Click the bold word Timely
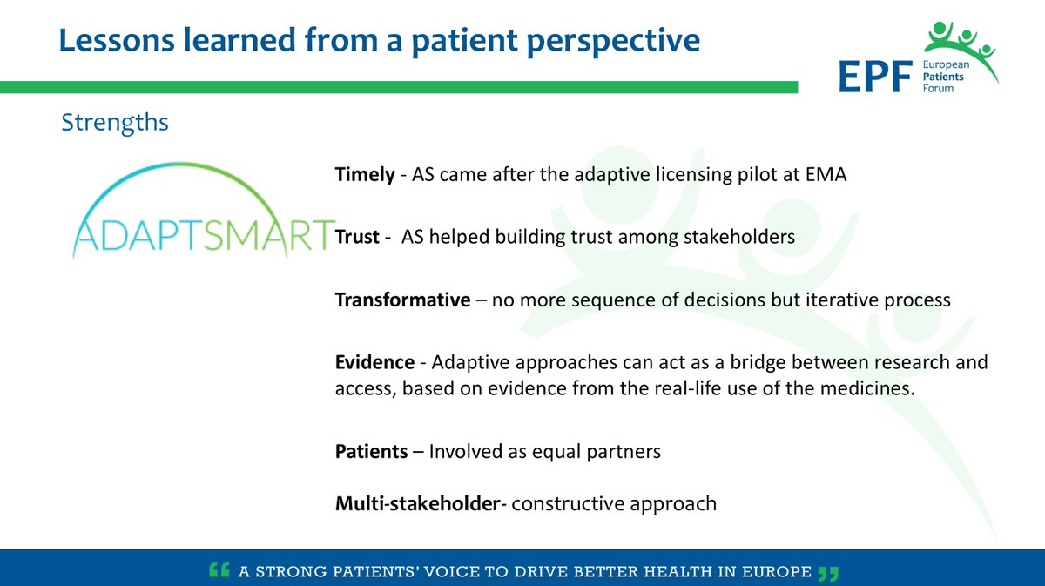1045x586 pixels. click(365, 175)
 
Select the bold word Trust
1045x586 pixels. click(357, 237)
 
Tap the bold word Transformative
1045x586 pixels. click(402, 300)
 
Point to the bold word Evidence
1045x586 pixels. click(374, 362)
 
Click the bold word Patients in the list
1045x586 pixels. click(371, 451)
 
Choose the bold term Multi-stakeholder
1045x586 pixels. click(418, 503)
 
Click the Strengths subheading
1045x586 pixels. click(115, 123)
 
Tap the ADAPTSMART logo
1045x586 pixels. click(205, 210)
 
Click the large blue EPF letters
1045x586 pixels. click(876, 77)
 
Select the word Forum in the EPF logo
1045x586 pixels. click(938, 89)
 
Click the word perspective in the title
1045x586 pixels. click(613, 41)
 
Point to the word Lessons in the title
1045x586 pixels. click(117, 40)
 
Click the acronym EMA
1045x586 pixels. click(826, 174)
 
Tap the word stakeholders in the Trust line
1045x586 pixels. click(739, 237)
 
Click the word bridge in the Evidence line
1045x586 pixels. click(758, 362)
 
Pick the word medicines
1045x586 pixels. click(867, 388)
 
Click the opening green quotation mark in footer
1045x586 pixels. click(219, 569)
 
